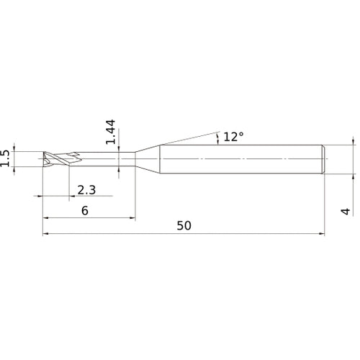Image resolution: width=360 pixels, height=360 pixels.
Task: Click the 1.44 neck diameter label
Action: [111, 132]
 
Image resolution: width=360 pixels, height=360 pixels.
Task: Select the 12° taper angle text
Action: [233, 137]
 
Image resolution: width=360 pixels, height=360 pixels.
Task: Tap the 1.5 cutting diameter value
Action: [5, 158]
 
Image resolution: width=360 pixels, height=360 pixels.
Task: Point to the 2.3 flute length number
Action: [86, 190]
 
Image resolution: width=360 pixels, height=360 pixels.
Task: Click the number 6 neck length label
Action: [85, 210]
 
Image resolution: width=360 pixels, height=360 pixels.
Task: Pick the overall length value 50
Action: [184, 225]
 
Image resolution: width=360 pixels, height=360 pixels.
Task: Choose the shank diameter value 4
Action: [346, 212]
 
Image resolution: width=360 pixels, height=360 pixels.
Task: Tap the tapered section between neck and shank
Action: [148, 159]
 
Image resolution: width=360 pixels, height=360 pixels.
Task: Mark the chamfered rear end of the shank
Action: [323, 159]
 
